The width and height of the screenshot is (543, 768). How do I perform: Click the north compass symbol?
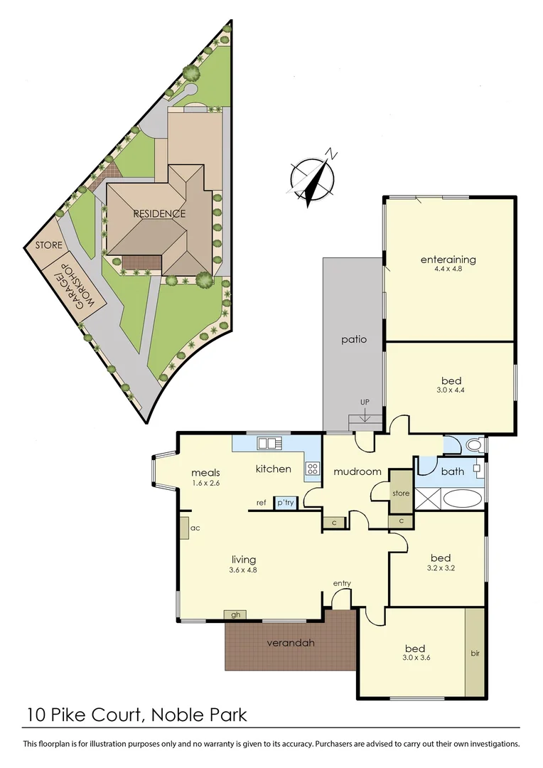pyautogui.click(x=313, y=178)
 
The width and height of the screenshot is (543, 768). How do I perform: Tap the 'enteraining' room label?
pyautogui.click(x=447, y=260)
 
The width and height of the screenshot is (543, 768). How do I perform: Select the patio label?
pyautogui.click(x=353, y=339)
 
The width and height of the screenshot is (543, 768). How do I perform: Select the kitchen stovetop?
pyautogui.click(x=312, y=469)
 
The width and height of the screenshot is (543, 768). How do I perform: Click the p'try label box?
pyautogui.click(x=286, y=502)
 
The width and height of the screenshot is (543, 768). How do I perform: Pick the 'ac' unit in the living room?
pyautogui.click(x=183, y=529)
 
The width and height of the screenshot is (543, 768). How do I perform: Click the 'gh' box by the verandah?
pyautogui.click(x=234, y=614)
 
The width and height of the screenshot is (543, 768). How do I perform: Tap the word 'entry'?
pyautogui.click(x=342, y=584)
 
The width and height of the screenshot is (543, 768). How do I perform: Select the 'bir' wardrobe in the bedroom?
pyautogui.click(x=475, y=652)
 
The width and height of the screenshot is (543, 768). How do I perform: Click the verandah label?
pyautogui.click(x=290, y=644)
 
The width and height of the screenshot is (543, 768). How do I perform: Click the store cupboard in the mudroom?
pyautogui.click(x=401, y=492)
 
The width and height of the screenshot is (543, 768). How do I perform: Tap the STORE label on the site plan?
pyautogui.click(x=49, y=245)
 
